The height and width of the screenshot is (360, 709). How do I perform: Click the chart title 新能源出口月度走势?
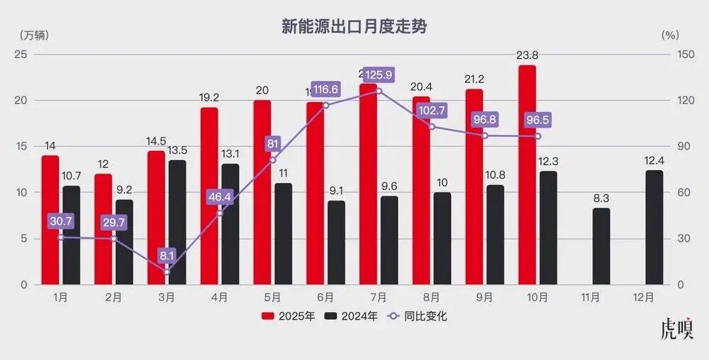[354, 28]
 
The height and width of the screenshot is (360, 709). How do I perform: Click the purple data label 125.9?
[379, 74]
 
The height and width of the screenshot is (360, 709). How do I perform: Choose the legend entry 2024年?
[351, 316]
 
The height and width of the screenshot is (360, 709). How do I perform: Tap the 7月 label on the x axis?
[379, 298]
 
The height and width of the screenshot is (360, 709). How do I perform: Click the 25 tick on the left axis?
[21, 55]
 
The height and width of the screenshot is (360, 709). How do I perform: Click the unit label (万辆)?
[33, 33]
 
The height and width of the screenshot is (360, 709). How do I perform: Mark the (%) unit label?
[670, 33]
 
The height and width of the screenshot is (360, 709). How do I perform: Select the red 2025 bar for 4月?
[209, 196]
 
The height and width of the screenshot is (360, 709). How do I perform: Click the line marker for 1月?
[60, 237]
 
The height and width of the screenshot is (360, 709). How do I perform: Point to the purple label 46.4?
[220, 197]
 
